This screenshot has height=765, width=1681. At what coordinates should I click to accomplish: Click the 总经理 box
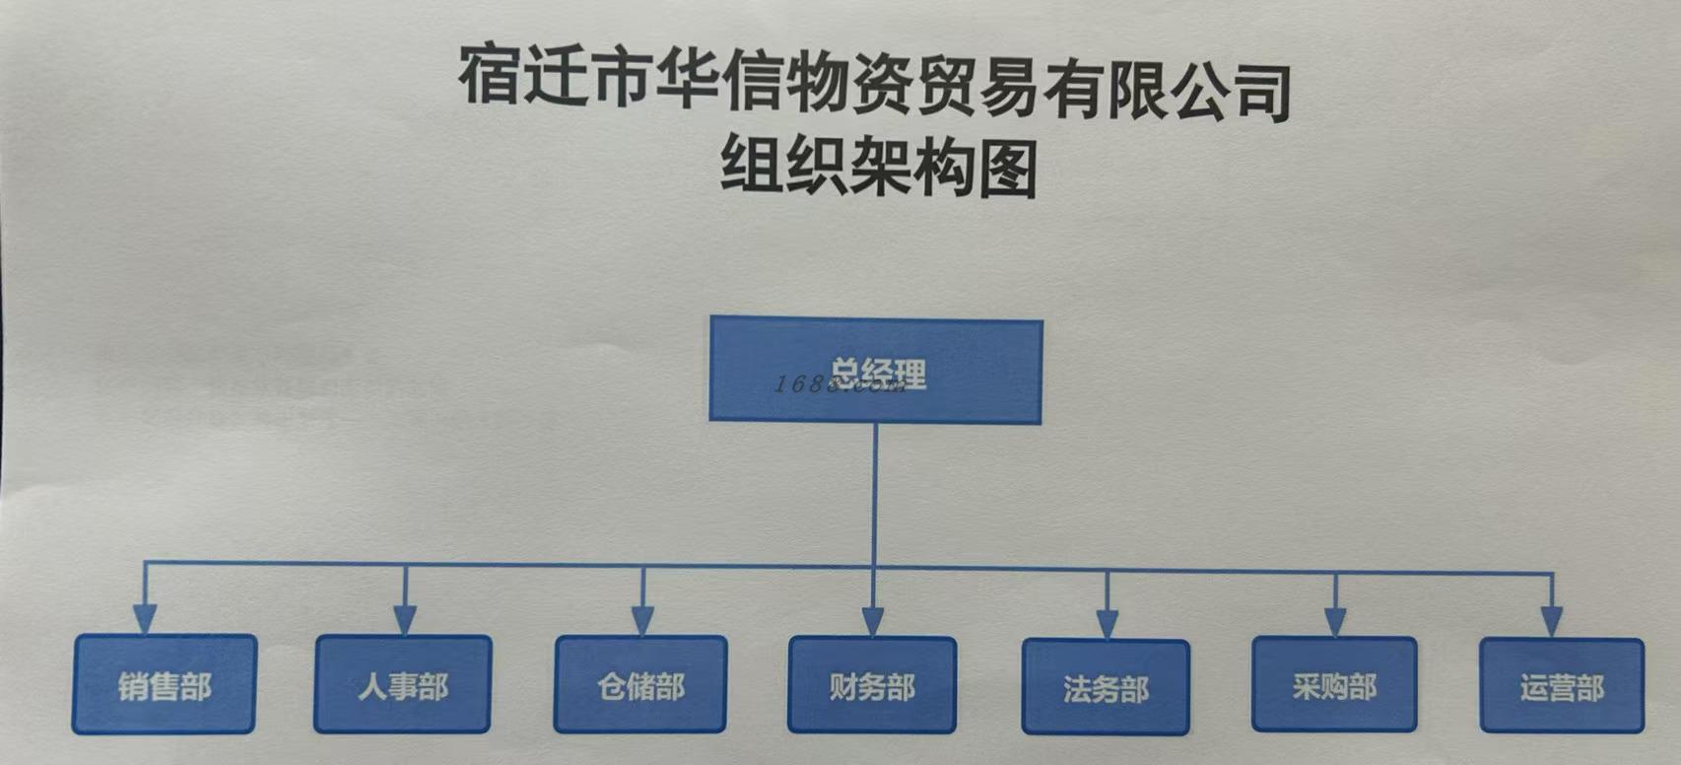(x=875, y=371)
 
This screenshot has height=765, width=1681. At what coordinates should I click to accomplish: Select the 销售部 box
(x=165, y=685)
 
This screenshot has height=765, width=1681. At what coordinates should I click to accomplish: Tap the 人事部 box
(x=403, y=685)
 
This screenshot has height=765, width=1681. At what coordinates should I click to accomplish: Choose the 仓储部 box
(x=640, y=685)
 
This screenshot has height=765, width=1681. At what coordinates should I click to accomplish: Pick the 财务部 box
(x=872, y=685)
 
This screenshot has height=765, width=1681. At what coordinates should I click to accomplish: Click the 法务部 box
(x=1106, y=687)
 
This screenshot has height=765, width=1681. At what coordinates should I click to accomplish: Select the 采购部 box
(x=1334, y=685)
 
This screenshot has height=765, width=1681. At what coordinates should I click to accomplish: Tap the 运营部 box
(x=1562, y=687)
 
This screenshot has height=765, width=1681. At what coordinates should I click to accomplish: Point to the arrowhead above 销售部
(x=146, y=619)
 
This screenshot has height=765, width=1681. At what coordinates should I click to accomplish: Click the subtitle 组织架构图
(x=878, y=167)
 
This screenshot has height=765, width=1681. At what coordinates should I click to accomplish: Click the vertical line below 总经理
(x=875, y=493)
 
